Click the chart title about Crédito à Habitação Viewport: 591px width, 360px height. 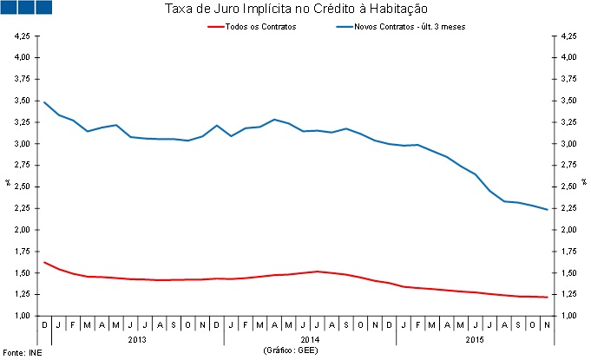[296, 10]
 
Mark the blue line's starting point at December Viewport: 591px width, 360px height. [44, 102]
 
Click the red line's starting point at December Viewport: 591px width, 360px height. [44, 262]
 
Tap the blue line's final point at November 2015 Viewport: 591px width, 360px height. [546, 209]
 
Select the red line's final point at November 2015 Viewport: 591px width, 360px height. [546, 297]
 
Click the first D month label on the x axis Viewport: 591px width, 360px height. [44, 324]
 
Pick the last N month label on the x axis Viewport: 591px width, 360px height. [546, 324]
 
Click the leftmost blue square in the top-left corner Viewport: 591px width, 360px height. [10, 7]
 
